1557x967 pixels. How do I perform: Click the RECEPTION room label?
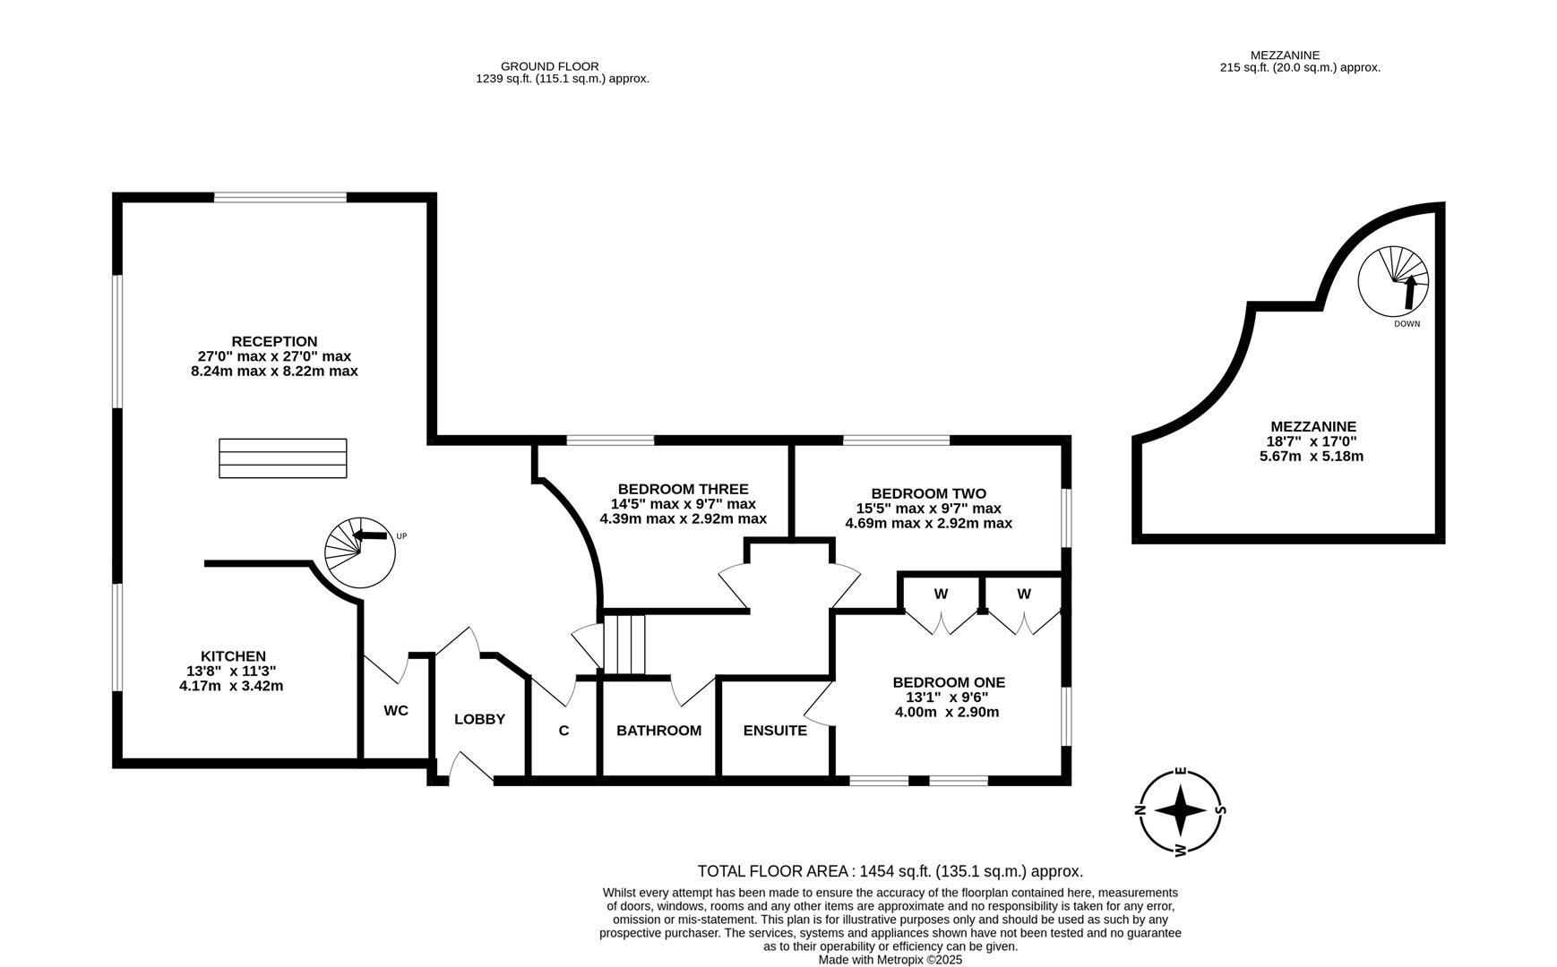tap(274, 341)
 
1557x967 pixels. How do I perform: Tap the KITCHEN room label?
tap(233, 656)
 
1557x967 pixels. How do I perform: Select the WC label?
tap(396, 710)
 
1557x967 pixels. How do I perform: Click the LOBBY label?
tap(479, 719)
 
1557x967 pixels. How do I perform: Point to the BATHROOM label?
tap(658, 730)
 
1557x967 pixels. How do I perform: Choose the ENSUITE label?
tap(775, 730)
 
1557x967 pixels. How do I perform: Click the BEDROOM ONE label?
tap(949, 682)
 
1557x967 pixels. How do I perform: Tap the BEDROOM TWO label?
tap(928, 493)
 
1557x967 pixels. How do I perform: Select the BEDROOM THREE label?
tap(683, 489)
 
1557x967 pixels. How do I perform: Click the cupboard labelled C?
tap(563, 730)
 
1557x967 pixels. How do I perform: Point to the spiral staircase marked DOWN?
tap(1393, 281)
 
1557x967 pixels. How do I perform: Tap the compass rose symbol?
tap(1181, 810)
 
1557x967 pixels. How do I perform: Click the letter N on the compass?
tap(1141, 810)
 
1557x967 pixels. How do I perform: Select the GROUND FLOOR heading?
tap(549, 66)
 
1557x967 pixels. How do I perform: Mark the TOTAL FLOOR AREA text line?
tap(890, 871)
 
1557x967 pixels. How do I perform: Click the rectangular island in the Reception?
tap(283, 458)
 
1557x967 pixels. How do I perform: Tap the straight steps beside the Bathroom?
tap(624, 644)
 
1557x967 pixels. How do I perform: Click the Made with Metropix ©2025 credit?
tap(890, 959)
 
